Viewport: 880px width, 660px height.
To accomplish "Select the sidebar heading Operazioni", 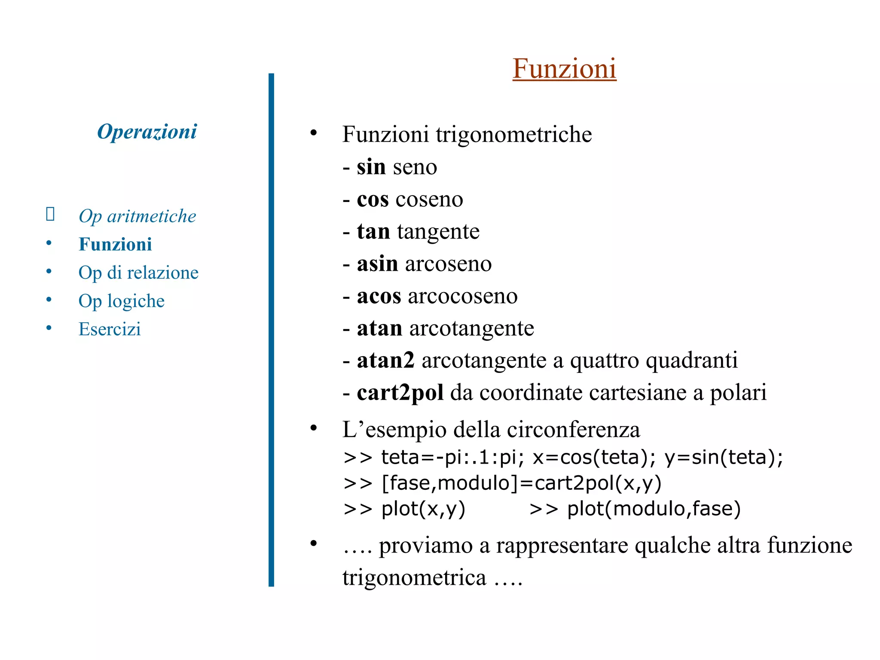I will (147, 131).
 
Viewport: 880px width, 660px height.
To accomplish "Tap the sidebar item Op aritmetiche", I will (137, 216).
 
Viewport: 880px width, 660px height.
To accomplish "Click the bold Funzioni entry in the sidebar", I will (115, 244).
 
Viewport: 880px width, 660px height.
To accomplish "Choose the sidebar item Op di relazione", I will (138, 273).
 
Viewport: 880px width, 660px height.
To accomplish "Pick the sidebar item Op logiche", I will (121, 301).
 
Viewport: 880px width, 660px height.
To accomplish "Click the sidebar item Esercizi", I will (110, 329).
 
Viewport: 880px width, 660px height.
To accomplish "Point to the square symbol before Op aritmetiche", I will (50, 214).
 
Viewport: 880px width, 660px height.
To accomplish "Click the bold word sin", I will (371, 167).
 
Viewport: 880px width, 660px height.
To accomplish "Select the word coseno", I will (429, 199).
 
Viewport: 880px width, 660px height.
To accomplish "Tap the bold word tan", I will (373, 232).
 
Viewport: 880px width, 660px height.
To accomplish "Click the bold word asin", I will (377, 264).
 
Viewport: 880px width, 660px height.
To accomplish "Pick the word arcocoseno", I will (463, 296).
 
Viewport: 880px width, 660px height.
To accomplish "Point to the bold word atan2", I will (385, 361).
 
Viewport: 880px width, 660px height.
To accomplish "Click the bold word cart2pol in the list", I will (400, 393).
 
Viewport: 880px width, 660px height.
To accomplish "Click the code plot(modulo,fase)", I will (654, 509).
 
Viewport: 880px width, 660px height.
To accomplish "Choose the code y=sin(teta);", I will (724, 457).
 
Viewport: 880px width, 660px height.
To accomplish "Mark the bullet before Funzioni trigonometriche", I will (314, 133).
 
